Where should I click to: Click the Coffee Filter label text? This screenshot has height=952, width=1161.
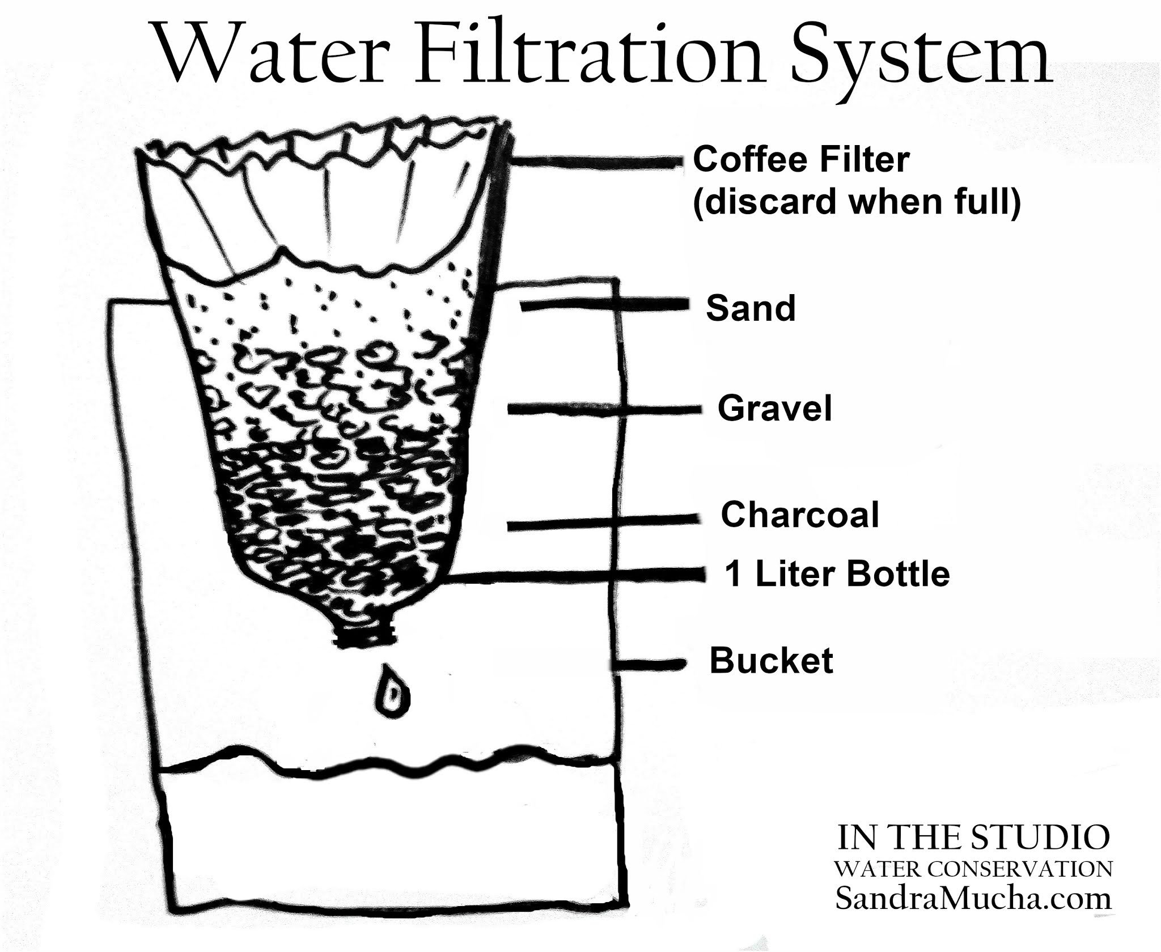tap(801, 160)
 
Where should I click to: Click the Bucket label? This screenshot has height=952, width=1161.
tap(771, 661)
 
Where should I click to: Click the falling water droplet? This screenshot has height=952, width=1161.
tap(391, 691)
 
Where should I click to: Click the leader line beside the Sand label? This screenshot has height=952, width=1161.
tap(604, 305)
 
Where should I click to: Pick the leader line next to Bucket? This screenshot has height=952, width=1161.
tap(649, 664)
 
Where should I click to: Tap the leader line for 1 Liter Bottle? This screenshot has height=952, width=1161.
tap(575, 576)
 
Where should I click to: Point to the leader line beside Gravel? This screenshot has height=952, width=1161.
tap(605, 409)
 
